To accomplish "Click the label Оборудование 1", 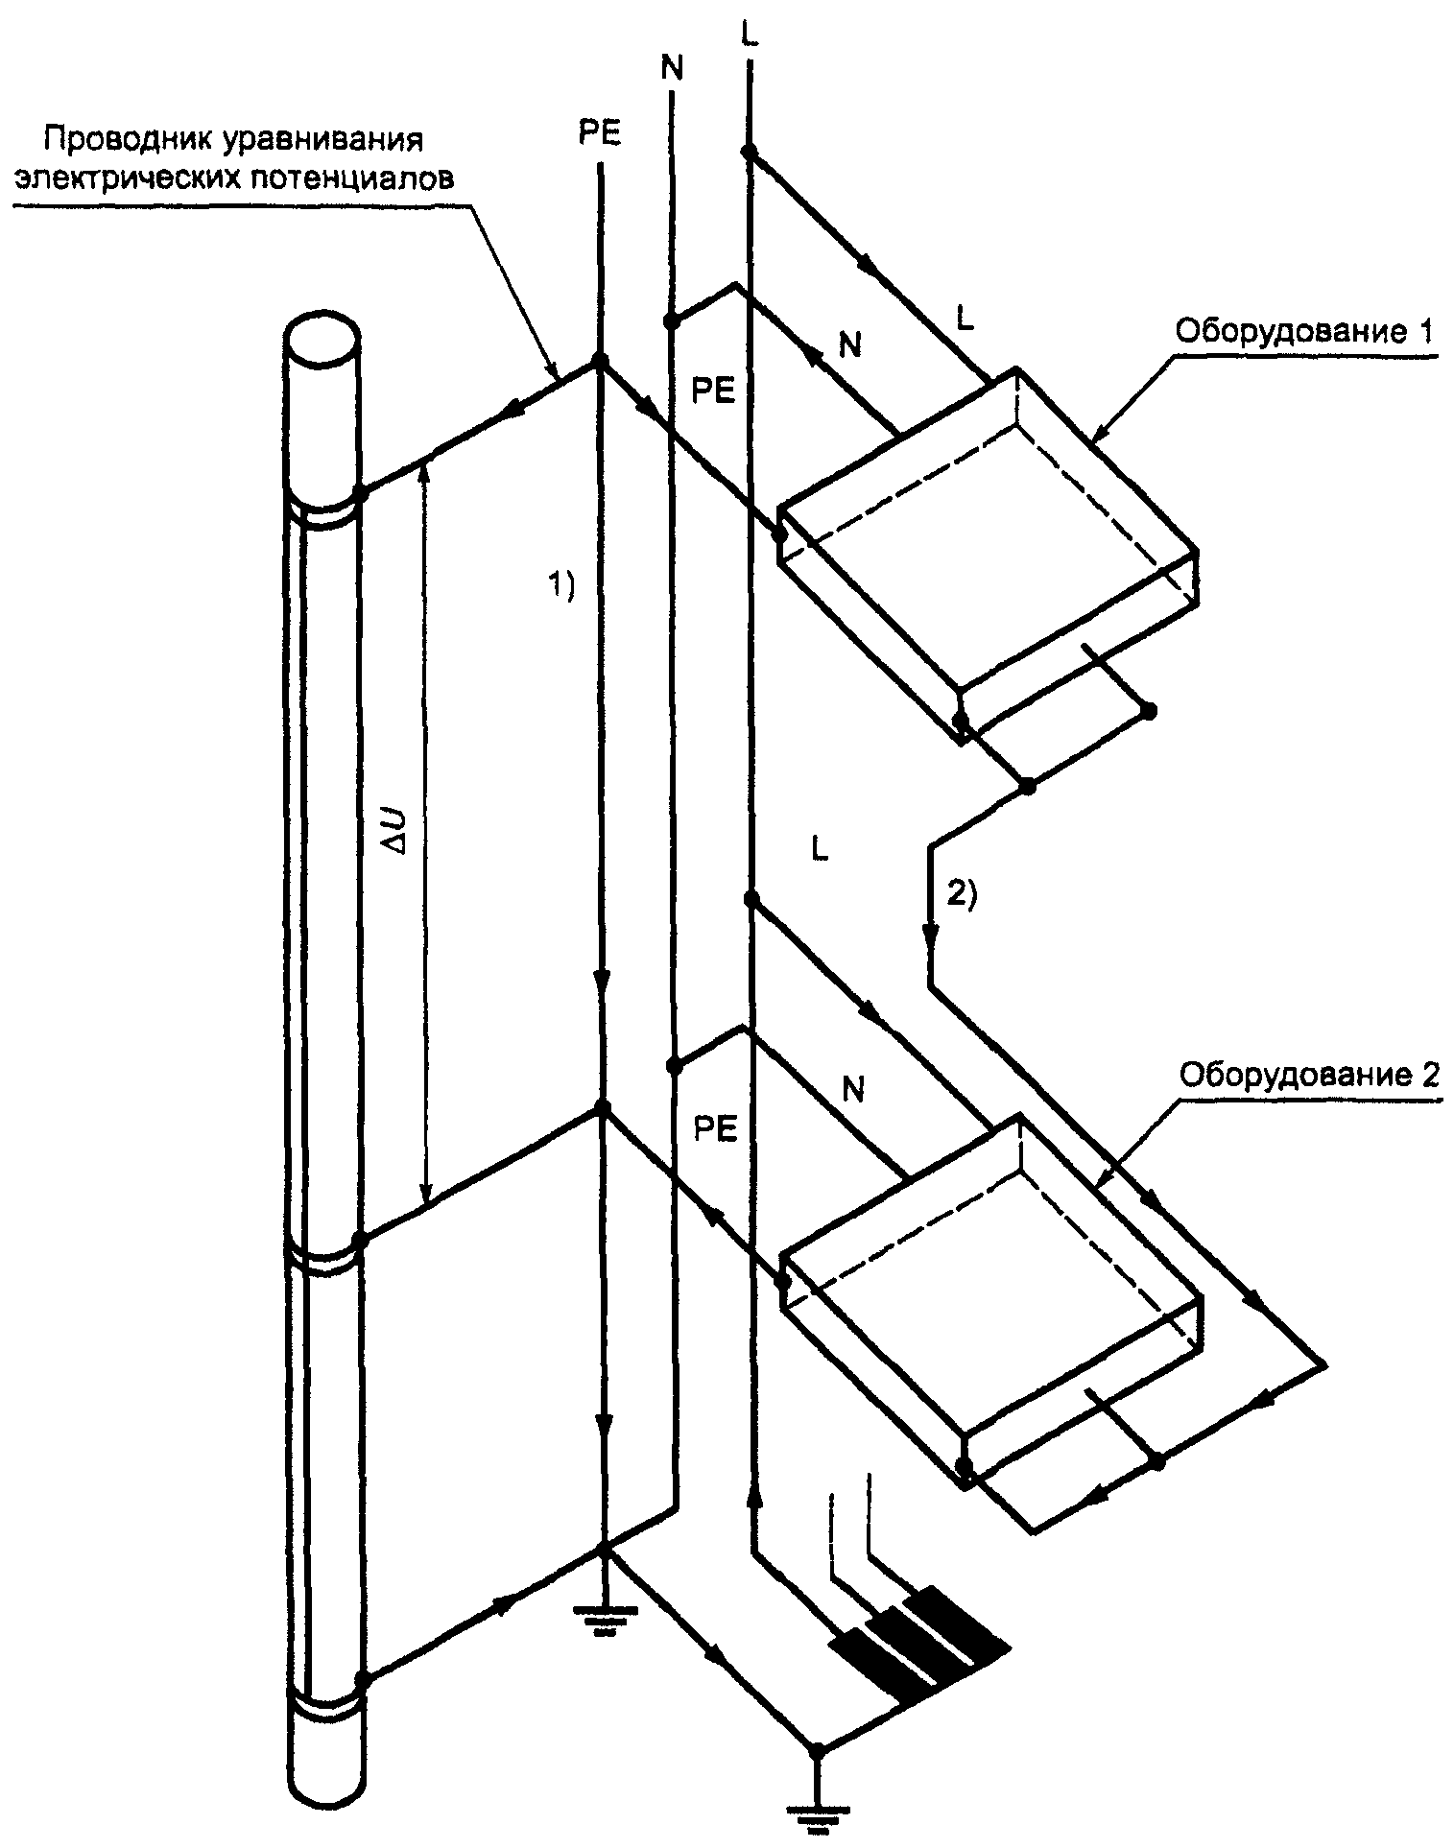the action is click(1305, 333).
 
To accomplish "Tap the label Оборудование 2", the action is click(1308, 1074).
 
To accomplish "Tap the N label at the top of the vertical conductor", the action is click(672, 68).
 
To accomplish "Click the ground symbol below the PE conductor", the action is click(603, 1615).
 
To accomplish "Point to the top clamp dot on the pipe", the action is click(361, 493).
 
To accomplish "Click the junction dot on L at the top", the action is click(749, 151).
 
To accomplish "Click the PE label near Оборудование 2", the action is click(715, 1129).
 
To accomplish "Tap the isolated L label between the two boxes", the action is click(819, 850).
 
